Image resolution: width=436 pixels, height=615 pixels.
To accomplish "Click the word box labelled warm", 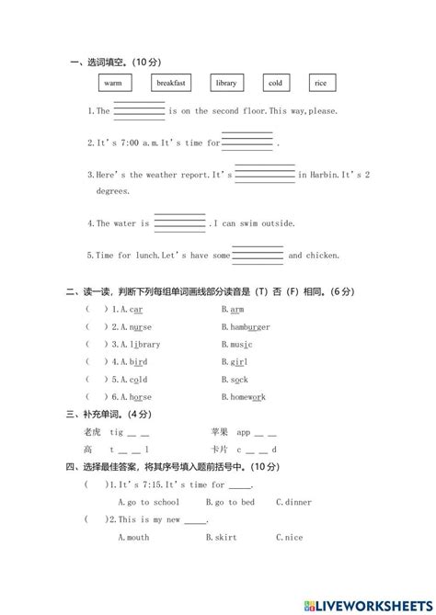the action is click(x=113, y=83).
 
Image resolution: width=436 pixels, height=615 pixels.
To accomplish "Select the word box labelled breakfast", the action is click(x=171, y=83).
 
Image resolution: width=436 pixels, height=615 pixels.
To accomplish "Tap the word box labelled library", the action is click(x=225, y=83).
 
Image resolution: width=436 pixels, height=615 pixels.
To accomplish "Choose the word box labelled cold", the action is click(x=276, y=83).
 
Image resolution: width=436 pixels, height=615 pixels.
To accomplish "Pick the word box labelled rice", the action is click(x=320, y=83).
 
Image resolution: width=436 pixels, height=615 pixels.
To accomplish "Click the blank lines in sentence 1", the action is click(x=139, y=110).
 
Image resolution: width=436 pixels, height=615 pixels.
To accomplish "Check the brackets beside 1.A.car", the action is click(x=96, y=310).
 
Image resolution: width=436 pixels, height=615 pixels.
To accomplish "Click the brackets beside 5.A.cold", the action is click(x=96, y=380).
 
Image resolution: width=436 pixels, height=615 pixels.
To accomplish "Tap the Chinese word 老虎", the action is click(x=91, y=431).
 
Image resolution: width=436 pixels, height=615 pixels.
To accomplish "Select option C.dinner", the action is click(x=293, y=502).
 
